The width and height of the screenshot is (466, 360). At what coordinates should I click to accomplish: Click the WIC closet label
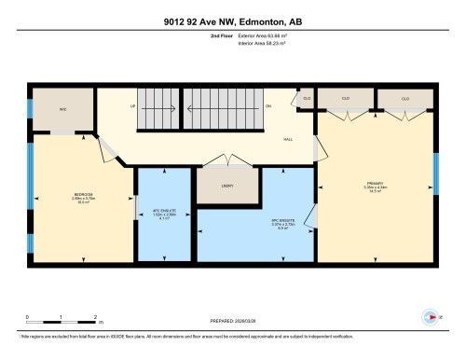(x=64, y=111)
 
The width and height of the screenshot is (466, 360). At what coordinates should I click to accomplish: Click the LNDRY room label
(x=227, y=185)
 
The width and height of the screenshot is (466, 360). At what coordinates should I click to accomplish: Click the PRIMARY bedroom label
(x=377, y=183)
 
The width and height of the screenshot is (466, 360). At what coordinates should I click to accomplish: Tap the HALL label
(x=289, y=138)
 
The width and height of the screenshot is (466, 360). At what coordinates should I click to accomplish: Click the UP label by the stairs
(x=133, y=105)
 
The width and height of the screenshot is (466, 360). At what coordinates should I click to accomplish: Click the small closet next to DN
(x=307, y=97)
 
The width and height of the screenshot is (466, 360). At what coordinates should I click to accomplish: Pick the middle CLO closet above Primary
(x=345, y=97)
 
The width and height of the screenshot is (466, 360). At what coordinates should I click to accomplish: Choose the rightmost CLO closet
(x=405, y=97)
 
